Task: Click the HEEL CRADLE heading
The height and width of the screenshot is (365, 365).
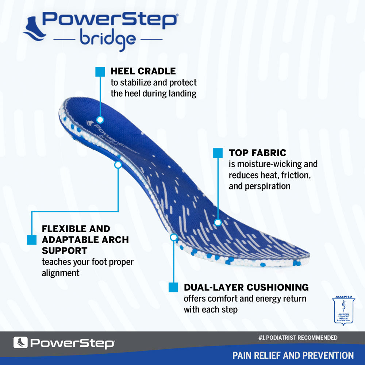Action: [x=143, y=71]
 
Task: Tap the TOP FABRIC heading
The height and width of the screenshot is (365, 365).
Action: [x=258, y=153]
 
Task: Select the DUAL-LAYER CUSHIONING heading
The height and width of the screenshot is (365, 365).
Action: [x=246, y=287]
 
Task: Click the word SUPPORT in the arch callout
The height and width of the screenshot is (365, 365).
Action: [x=65, y=251]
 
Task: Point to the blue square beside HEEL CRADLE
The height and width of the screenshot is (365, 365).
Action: [x=100, y=72]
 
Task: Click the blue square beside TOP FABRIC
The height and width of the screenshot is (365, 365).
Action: [x=218, y=153]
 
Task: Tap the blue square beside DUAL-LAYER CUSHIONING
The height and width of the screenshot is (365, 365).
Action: [x=173, y=287]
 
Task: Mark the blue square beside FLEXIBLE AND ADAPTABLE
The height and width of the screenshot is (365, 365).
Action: [x=32, y=240]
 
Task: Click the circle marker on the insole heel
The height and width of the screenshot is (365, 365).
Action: [x=100, y=119]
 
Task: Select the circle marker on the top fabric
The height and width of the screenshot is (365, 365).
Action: [x=218, y=222]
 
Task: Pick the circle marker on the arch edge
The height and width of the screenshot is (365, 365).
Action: [x=118, y=165]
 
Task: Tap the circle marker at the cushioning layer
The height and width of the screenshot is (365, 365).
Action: [x=174, y=237]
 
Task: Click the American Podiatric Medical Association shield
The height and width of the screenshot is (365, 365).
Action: [x=343, y=310]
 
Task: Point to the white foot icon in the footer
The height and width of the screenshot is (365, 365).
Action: [x=20, y=342]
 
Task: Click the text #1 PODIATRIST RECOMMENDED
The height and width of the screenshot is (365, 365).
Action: [x=297, y=338]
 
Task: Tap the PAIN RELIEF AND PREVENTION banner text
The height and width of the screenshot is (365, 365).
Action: [x=293, y=355]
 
